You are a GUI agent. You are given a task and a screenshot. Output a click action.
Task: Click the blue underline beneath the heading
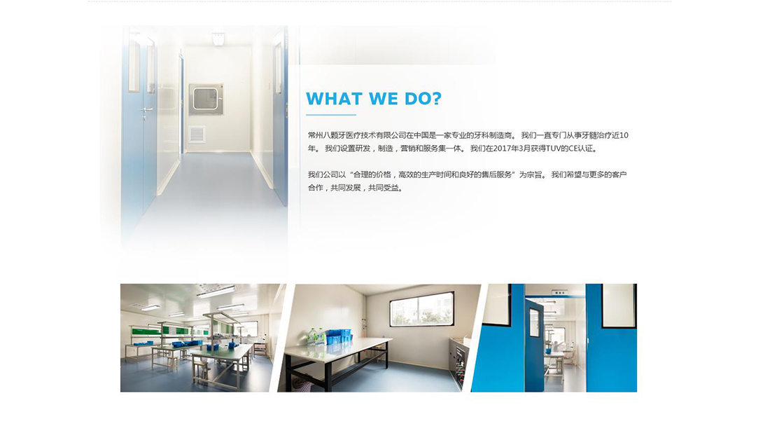(x=331, y=115)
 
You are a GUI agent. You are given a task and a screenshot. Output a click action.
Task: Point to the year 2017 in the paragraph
(x=501, y=149)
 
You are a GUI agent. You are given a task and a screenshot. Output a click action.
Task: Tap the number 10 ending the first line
(x=624, y=135)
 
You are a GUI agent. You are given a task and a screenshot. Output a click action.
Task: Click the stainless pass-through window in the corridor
(x=206, y=99)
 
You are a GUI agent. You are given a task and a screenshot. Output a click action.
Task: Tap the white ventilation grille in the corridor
(x=197, y=135)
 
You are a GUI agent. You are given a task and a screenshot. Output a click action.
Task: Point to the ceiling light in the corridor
(x=218, y=39)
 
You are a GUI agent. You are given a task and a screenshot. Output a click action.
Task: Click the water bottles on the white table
(x=314, y=338)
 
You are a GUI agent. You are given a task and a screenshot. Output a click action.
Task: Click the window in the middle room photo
(x=422, y=309)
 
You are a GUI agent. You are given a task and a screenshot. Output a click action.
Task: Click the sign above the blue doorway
(x=560, y=291)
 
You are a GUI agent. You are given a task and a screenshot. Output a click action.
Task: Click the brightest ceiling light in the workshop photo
(x=216, y=292)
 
